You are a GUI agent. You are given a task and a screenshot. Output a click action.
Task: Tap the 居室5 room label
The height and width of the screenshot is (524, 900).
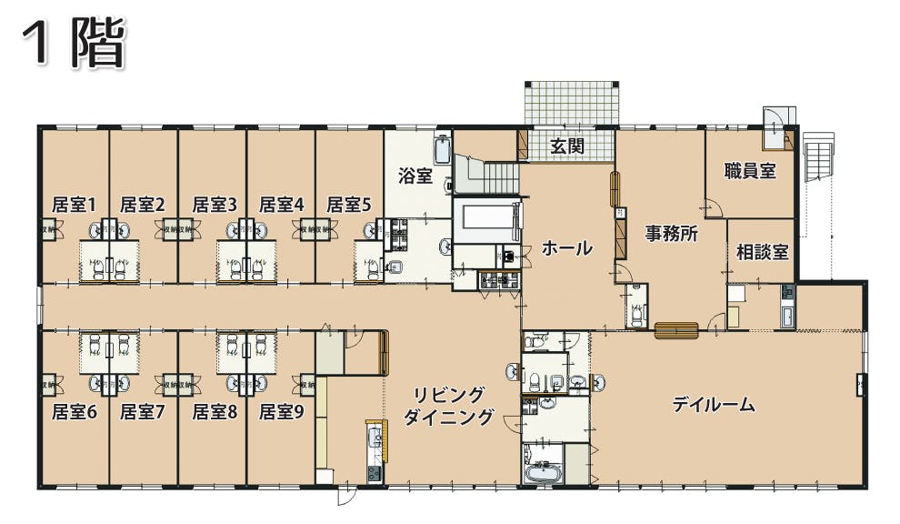point(349,205)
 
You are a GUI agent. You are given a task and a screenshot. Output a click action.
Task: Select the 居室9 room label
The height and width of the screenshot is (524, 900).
point(281,412)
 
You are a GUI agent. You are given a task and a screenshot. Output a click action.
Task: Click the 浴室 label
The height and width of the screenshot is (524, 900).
point(415,176)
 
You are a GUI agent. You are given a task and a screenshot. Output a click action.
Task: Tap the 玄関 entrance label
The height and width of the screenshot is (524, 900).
point(567,146)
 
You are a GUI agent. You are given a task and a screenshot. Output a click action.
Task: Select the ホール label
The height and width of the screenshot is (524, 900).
point(567,247)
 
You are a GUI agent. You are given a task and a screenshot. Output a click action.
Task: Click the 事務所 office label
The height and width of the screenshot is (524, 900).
point(671,233)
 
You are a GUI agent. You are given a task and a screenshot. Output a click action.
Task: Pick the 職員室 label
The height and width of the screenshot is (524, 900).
point(750,170)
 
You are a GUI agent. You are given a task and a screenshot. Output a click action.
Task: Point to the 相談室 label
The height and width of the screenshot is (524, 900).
point(762,252)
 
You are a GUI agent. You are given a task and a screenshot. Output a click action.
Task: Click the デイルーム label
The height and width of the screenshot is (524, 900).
point(714,405)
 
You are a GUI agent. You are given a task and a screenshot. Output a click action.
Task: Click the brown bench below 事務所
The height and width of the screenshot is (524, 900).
point(675,330)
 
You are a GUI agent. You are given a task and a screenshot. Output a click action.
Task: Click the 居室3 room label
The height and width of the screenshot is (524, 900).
point(215,205)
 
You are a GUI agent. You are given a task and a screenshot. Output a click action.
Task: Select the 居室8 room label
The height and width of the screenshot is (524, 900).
point(215,412)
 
